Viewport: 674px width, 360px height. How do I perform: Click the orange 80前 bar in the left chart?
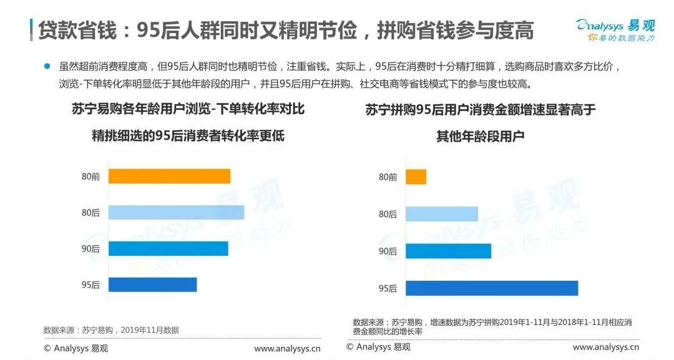[169, 176]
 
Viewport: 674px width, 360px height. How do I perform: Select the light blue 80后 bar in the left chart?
[176, 212]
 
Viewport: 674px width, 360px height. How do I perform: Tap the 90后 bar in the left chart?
[168, 248]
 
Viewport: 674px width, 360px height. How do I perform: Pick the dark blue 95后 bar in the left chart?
[152, 285]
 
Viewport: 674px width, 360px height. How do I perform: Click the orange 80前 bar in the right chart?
[416, 177]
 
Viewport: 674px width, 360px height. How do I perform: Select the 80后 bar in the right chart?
[441, 214]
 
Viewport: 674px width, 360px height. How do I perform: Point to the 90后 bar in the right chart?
[448, 251]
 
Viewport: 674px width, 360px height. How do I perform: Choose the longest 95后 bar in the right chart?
[491, 288]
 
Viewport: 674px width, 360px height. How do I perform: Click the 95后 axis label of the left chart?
[90, 285]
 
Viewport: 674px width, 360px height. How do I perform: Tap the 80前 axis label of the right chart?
[388, 177]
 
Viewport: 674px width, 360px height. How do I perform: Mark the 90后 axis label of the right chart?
[388, 251]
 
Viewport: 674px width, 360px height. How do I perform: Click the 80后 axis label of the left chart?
[90, 213]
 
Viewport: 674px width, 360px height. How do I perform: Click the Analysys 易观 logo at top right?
[615, 30]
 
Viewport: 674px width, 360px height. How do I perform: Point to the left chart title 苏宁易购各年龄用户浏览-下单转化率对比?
[188, 110]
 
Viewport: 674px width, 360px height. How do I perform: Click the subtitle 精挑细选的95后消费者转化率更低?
[188, 135]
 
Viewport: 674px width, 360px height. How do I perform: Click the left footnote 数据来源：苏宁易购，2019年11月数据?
[111, 330]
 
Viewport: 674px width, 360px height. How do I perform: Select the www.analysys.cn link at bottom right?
[606, 347]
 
